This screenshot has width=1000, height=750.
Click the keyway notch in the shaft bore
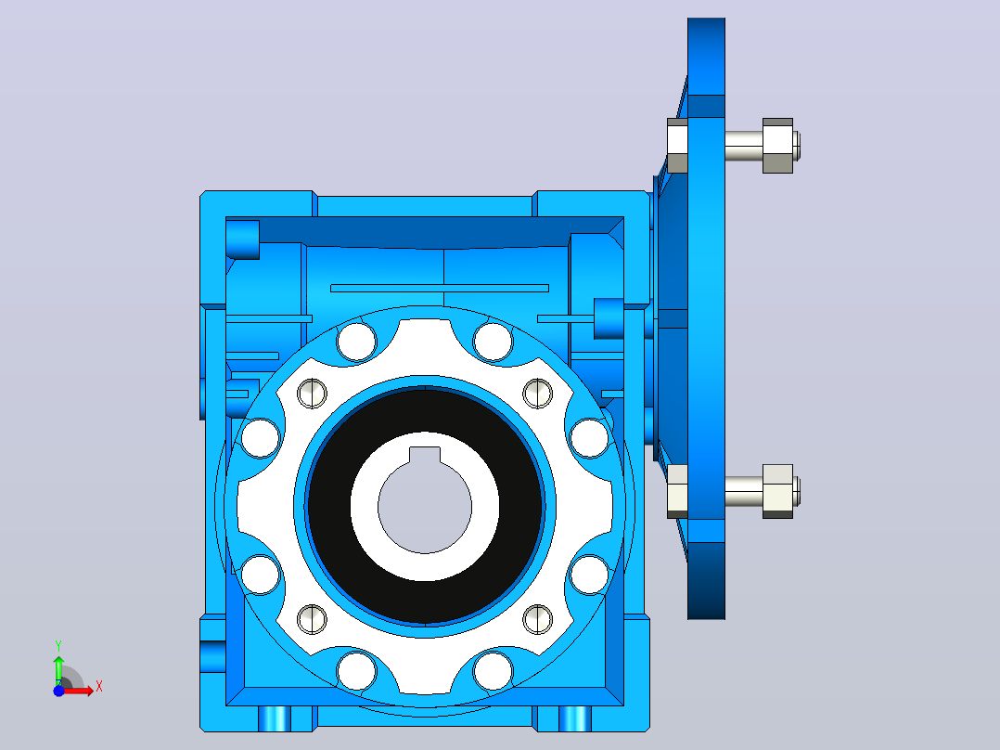coord(425,455)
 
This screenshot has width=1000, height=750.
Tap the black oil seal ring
coord(425,505)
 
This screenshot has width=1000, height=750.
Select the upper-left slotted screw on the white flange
coord(312,394)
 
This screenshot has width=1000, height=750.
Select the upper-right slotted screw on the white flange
coord(538,394)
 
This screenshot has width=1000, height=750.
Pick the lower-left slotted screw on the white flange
coord(312,619)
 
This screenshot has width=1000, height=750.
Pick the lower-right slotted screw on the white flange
coord(538,619)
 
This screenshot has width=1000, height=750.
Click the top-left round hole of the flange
coord(356,342)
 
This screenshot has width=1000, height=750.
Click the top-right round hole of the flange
coord(493,342)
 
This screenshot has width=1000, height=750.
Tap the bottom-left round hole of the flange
coord(356,671)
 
